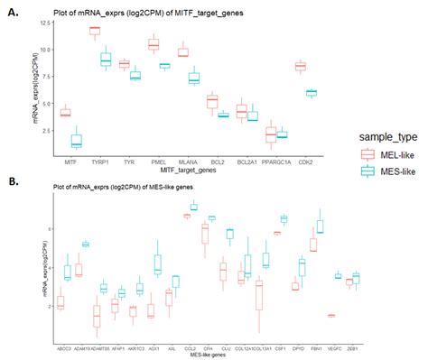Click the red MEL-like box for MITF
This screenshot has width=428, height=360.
[x=40, y=113]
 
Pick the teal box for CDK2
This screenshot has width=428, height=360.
[x=311, y=92]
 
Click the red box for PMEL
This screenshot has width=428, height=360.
[x=154, y=44]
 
